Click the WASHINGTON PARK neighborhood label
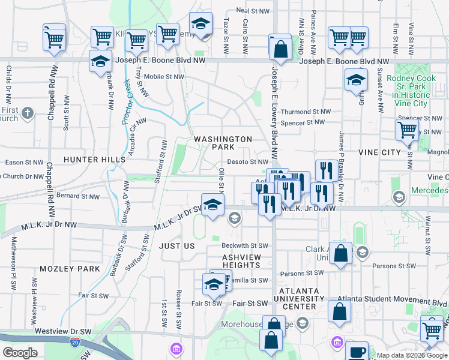point(223,143)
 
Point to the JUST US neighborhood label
point(177,246)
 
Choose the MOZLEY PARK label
point(70,268)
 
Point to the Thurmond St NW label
point(306,112)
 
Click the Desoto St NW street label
point(247,161)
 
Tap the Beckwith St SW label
point(244,245)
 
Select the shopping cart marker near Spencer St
point(408,129)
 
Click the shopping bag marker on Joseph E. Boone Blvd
point(280,48)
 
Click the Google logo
point(20,352)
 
